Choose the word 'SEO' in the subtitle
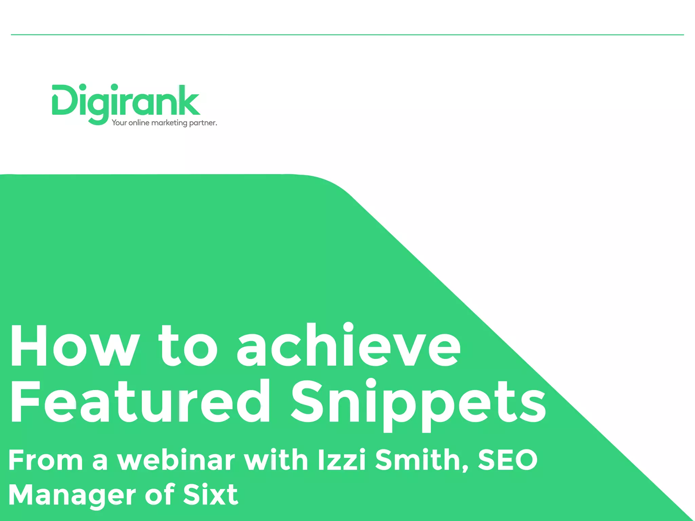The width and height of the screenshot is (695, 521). [508, 460]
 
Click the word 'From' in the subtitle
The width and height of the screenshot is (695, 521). [45, 460]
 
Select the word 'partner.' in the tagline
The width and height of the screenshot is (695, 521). [203, 123]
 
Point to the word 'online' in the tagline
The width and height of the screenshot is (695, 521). [139, 122]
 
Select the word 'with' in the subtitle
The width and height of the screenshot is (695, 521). [276, 460]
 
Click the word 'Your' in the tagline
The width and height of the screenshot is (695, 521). [119, 122]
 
